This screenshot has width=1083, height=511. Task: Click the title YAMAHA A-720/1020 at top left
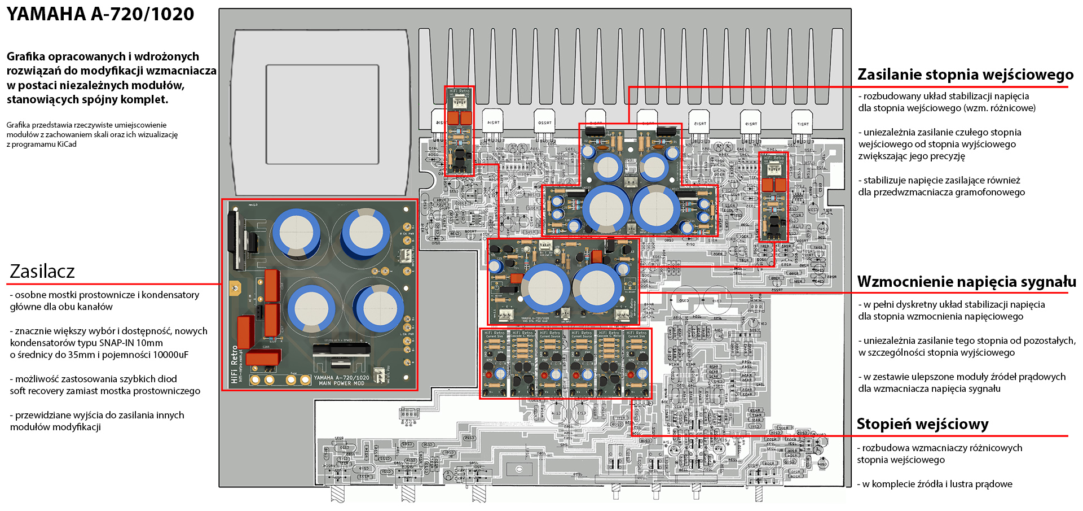tap(100, 14)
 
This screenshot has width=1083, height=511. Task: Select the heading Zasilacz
tap(42, 272)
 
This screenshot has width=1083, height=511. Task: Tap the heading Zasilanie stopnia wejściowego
tap(965, 75)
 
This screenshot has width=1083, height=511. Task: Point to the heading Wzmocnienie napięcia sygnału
tap(966, 282)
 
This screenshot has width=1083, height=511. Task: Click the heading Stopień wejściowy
tap(922, 424)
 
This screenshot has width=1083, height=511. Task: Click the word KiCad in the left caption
tap(67, 145)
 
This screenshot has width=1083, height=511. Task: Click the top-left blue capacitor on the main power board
tap(296, 233)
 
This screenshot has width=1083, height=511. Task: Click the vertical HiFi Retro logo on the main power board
tap(235, 364)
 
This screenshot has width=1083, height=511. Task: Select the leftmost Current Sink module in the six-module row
tap(494, 363)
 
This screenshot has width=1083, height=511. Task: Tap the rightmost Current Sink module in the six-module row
tap(636, 363)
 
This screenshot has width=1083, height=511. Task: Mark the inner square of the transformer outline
tap(322, 115)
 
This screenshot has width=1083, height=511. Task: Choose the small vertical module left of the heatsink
tap(459, 131)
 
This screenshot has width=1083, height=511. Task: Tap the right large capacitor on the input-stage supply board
tap(655, 208)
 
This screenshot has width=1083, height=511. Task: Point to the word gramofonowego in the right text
tap(993, 193)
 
